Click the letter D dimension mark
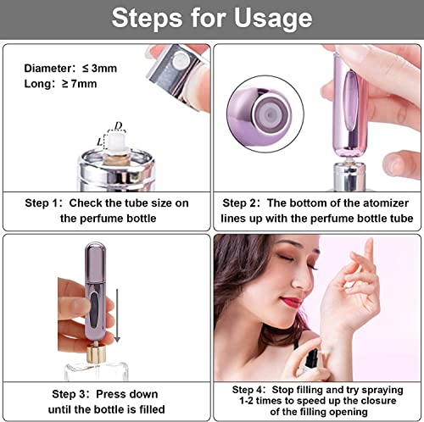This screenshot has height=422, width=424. click(x=119, y=126)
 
